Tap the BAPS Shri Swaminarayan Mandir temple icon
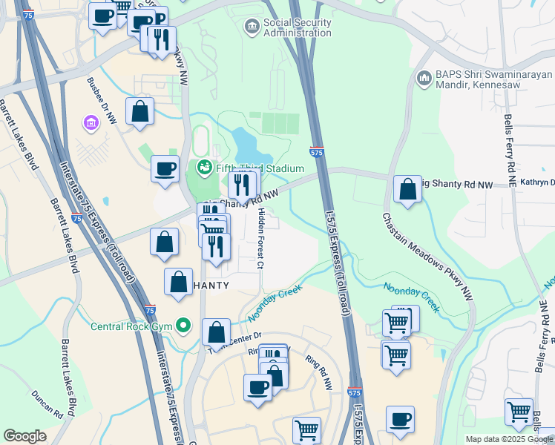(424, 78)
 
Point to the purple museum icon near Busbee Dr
(92, 122)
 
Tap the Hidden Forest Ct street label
(260, 238)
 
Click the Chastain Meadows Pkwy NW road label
(427, 257)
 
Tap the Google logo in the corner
(25, 436)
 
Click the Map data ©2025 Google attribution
(510, 439)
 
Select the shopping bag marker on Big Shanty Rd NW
(407, 189)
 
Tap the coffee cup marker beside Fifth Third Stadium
(165, 168)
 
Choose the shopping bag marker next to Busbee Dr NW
(139, 112)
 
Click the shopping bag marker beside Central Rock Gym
(216, 332)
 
